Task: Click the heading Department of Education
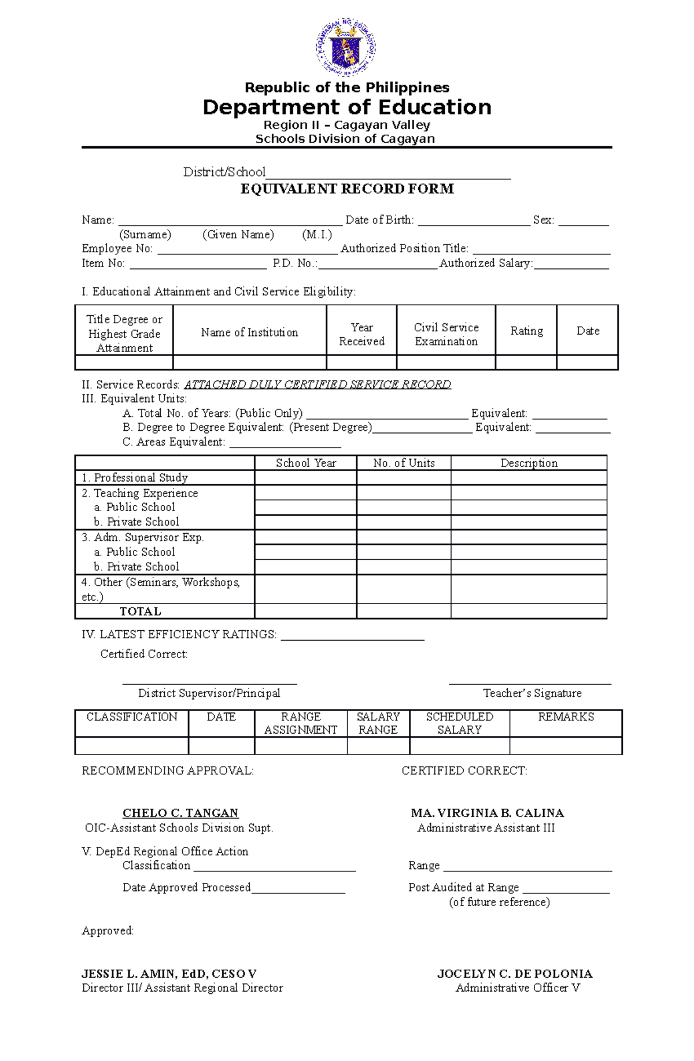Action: pyautogui.click(x=347, y=108)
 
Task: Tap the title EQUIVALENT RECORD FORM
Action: pyautogui.click(x=347, y=189)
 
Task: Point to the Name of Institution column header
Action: pyautogui.click(x=249, y=332)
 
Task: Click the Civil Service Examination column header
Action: pyautogui.click(x=446, y=334)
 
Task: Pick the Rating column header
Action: pyautogui.click(x=526, y=331)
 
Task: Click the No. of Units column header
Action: pyautogui.click(x=404, y=463)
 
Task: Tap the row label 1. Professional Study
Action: pyautogui.click(x=135, y=478)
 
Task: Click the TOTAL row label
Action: pyautogui.click(x=140, y=612)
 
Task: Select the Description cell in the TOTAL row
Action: pyautogui.click(x=529, y=612)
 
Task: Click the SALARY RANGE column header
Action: pyautogui.click(x=378, y=723)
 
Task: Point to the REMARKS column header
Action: pyautogui.click(x=566, y=717)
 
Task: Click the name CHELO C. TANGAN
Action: pyautogui.click(x=180, y=813)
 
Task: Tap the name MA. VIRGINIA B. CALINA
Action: pyautogui.click(x=487, y=813)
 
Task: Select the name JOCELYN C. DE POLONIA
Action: pyautogui.click(x=515, y=974)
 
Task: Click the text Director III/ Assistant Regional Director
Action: pyautogui.click(x=182, y=988)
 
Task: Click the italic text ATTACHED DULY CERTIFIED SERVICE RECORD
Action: pyautogui.click(x=318, y=385)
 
